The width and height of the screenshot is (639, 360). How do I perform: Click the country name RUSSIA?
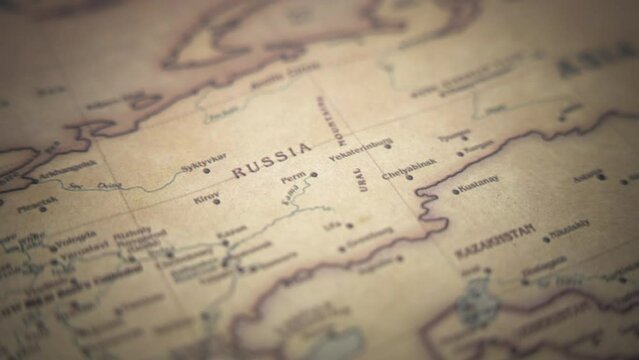point(272,161)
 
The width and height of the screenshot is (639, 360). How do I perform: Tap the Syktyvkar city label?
point(203,161)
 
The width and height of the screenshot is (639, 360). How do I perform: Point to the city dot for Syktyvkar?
point(207,171)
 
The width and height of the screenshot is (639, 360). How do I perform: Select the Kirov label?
point(206,197)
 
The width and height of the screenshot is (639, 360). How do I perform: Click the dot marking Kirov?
point(216,202)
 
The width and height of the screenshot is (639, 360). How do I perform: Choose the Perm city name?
point(294,178)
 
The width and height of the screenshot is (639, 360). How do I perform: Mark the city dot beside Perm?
point(314,174)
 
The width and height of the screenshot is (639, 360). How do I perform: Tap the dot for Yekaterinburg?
point(388,146)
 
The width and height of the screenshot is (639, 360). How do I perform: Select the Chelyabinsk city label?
point(409,165)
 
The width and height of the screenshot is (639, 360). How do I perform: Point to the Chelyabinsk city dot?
point(408,178)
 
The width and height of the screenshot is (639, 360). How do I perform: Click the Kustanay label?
point(480,182)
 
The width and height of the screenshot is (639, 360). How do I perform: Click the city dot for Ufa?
point(349,225)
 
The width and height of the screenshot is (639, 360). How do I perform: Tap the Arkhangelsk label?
point(69,167)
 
